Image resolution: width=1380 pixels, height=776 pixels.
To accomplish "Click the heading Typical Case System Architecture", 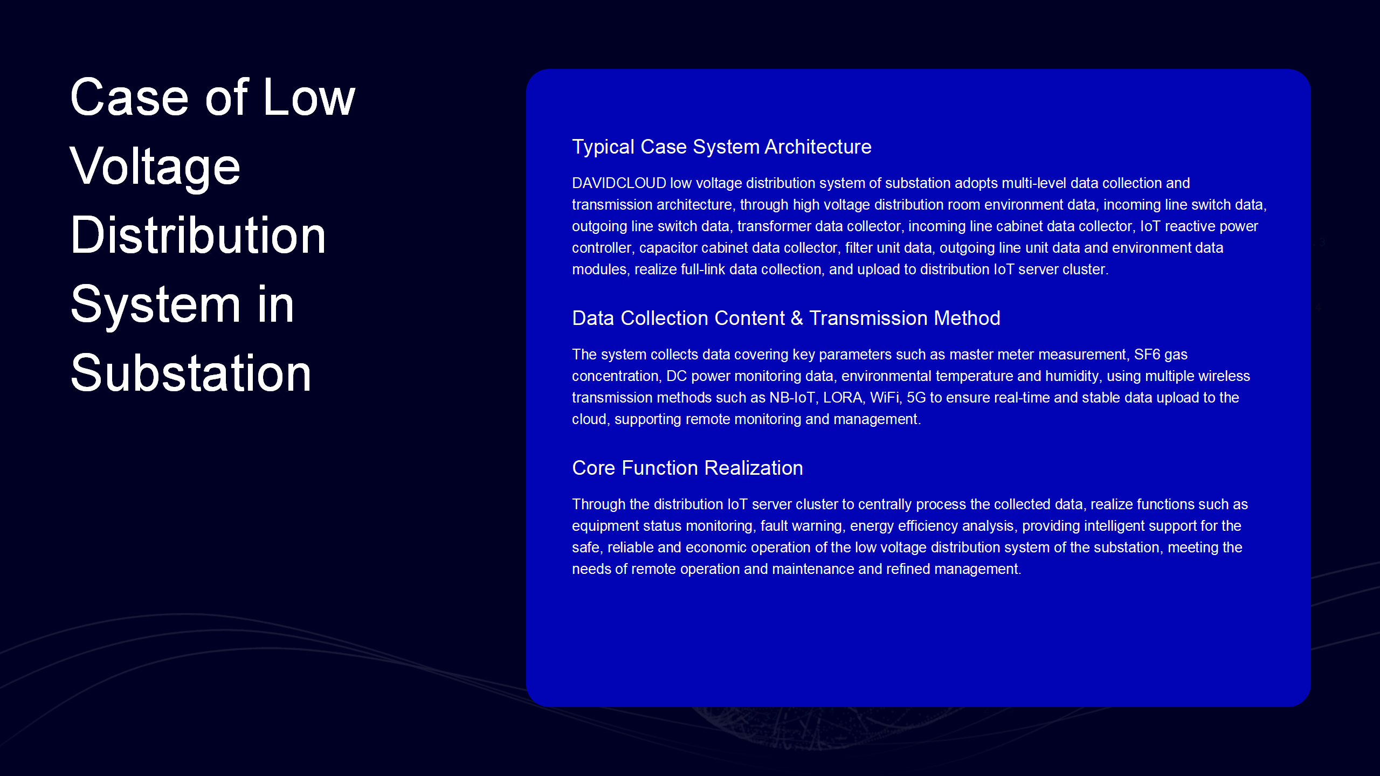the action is tap(722, 147).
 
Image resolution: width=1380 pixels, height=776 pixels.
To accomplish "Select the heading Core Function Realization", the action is tap(688, 468).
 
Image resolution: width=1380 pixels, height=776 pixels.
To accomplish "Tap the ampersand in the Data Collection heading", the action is tap(797, 318).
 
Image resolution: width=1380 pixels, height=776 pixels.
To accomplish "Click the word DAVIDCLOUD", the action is tap(619, 183).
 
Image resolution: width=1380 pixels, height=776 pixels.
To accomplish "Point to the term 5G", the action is tap(916, 398).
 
